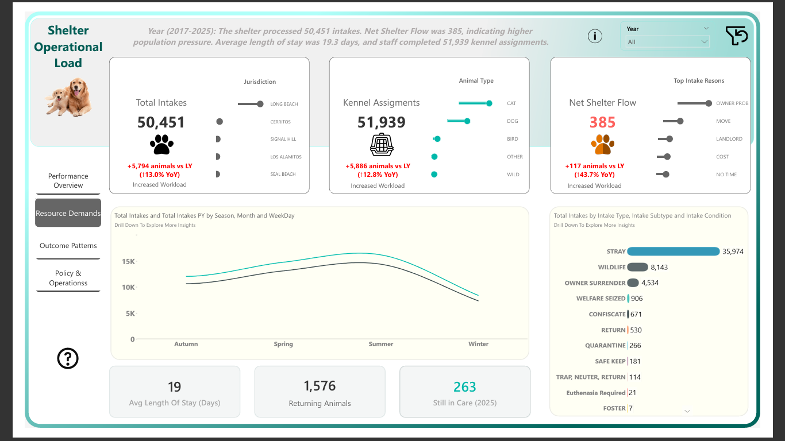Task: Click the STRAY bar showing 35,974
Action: [x=673, y=252]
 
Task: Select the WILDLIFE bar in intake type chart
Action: [x=637, y=267]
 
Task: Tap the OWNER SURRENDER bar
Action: [x=633, y=283]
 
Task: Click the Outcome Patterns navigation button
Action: [x=68, y=246]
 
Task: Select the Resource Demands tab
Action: [x=68, y=213]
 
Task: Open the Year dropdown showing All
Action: [x=667, y=42]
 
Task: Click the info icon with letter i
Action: [x=595, y=36]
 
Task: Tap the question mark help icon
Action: [x=68, y=358]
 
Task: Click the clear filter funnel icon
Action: [x=736, y=36]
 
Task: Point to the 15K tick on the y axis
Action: [x=128, y=262]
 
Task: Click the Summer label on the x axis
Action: [x=381, y=344]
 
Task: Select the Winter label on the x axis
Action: [x=478, y=344]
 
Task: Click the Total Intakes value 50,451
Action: [x=161, y=122]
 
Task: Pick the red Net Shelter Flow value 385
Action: [x=602, y=122]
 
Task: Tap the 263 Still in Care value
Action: [x=464, y=387]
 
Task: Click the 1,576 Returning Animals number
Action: [x=320, y=386]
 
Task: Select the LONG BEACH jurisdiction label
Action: [x=284, y=105]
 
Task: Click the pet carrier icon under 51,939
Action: [x=382, y=145]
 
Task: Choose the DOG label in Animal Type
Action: [x=513, y=121]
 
